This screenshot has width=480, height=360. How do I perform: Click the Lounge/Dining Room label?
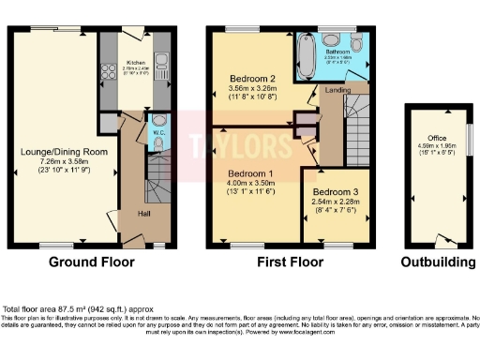[x=54, y=151]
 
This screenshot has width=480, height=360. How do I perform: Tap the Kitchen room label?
[x=138, y=65]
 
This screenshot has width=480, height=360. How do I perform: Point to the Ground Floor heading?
[x=89, y=262]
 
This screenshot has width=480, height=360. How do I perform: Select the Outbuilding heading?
[x=436, y=262]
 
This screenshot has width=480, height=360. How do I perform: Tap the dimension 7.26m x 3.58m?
[x=54, y=162]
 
